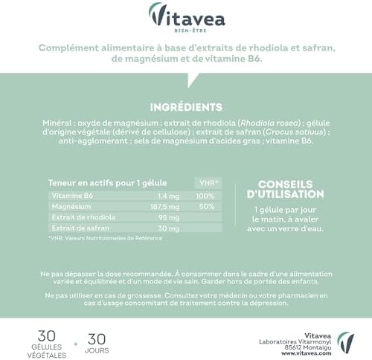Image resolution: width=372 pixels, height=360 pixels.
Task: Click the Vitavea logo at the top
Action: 186,16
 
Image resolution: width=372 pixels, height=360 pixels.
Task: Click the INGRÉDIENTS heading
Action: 185,106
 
